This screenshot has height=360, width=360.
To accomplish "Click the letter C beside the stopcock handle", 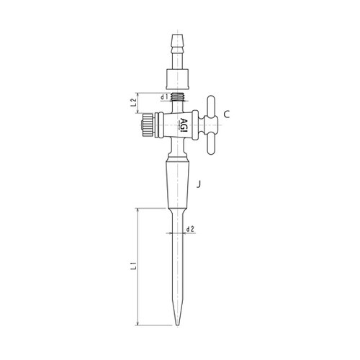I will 226,114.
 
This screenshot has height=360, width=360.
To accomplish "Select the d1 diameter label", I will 164,96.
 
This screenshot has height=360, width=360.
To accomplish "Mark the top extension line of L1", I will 155,208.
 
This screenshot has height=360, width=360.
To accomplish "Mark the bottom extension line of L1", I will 155,325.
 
